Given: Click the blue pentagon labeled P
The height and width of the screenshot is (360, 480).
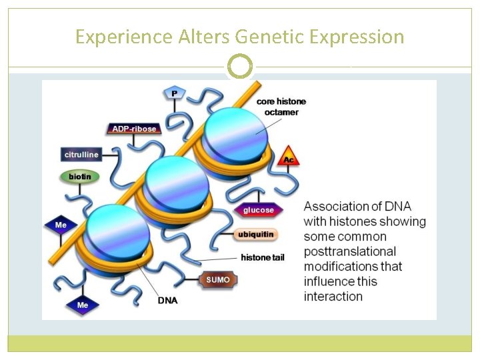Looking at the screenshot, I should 174,93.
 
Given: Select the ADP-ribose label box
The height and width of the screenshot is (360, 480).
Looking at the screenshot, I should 134,129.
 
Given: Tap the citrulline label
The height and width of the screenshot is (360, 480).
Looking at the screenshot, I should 81,155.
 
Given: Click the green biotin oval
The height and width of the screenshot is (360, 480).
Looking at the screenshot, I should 80,177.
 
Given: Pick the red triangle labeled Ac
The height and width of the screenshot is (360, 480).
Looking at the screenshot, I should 288,157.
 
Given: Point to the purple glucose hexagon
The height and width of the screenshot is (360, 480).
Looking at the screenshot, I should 258,210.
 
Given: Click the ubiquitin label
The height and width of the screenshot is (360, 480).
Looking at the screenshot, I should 255,235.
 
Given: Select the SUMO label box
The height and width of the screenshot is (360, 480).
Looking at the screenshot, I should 218,280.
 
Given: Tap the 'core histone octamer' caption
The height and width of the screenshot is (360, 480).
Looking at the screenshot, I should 281,107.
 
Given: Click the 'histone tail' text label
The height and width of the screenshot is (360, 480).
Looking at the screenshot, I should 262,257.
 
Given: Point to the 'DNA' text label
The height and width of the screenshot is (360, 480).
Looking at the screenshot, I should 167,301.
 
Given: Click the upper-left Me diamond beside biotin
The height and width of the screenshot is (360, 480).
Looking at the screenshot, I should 61,225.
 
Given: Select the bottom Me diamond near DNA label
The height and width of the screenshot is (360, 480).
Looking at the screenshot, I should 82,305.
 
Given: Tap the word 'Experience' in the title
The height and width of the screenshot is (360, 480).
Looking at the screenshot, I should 124,37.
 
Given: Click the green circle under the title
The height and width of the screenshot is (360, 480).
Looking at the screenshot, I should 239,67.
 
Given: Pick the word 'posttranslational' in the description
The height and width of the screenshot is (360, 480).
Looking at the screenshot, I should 349,251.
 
